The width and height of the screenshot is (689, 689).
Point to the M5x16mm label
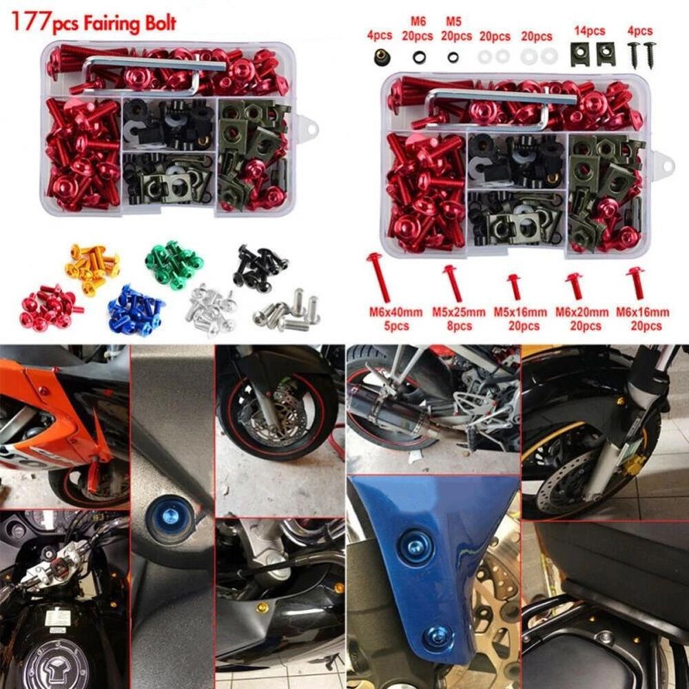coord(517,311)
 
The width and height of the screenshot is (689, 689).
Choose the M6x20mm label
coord(577,311)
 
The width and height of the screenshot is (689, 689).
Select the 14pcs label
coord(589,31)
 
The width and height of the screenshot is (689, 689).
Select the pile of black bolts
coord(259,265)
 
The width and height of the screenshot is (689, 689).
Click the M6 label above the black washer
coord(419,23)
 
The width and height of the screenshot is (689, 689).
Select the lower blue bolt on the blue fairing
coord(435,638)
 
